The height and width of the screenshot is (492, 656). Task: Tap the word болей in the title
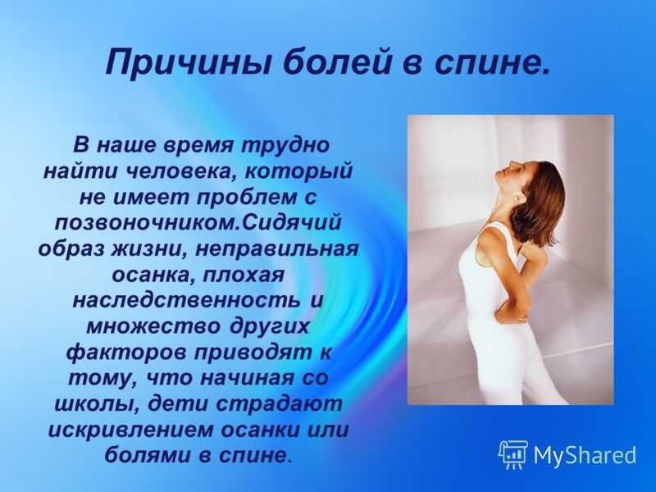[330, 62]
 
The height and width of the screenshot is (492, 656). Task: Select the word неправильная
[276, 249]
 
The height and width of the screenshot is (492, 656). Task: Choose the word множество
[153, 326]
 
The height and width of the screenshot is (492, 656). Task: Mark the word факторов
[126, 353]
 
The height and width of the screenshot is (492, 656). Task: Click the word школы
[95, 404]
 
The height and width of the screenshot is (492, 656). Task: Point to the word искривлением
[131, 430]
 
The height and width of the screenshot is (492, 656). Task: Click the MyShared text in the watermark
[585, 455]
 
